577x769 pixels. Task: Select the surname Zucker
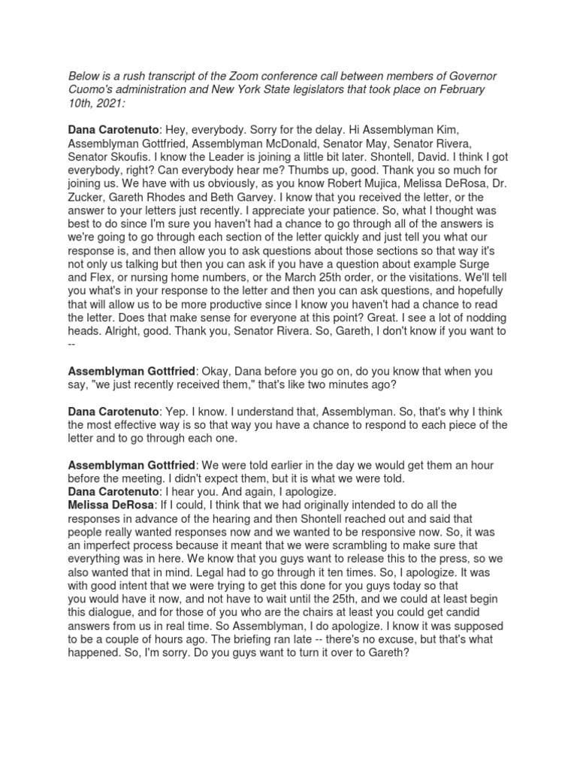point(86,194)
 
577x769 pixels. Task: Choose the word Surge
point(490,260)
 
